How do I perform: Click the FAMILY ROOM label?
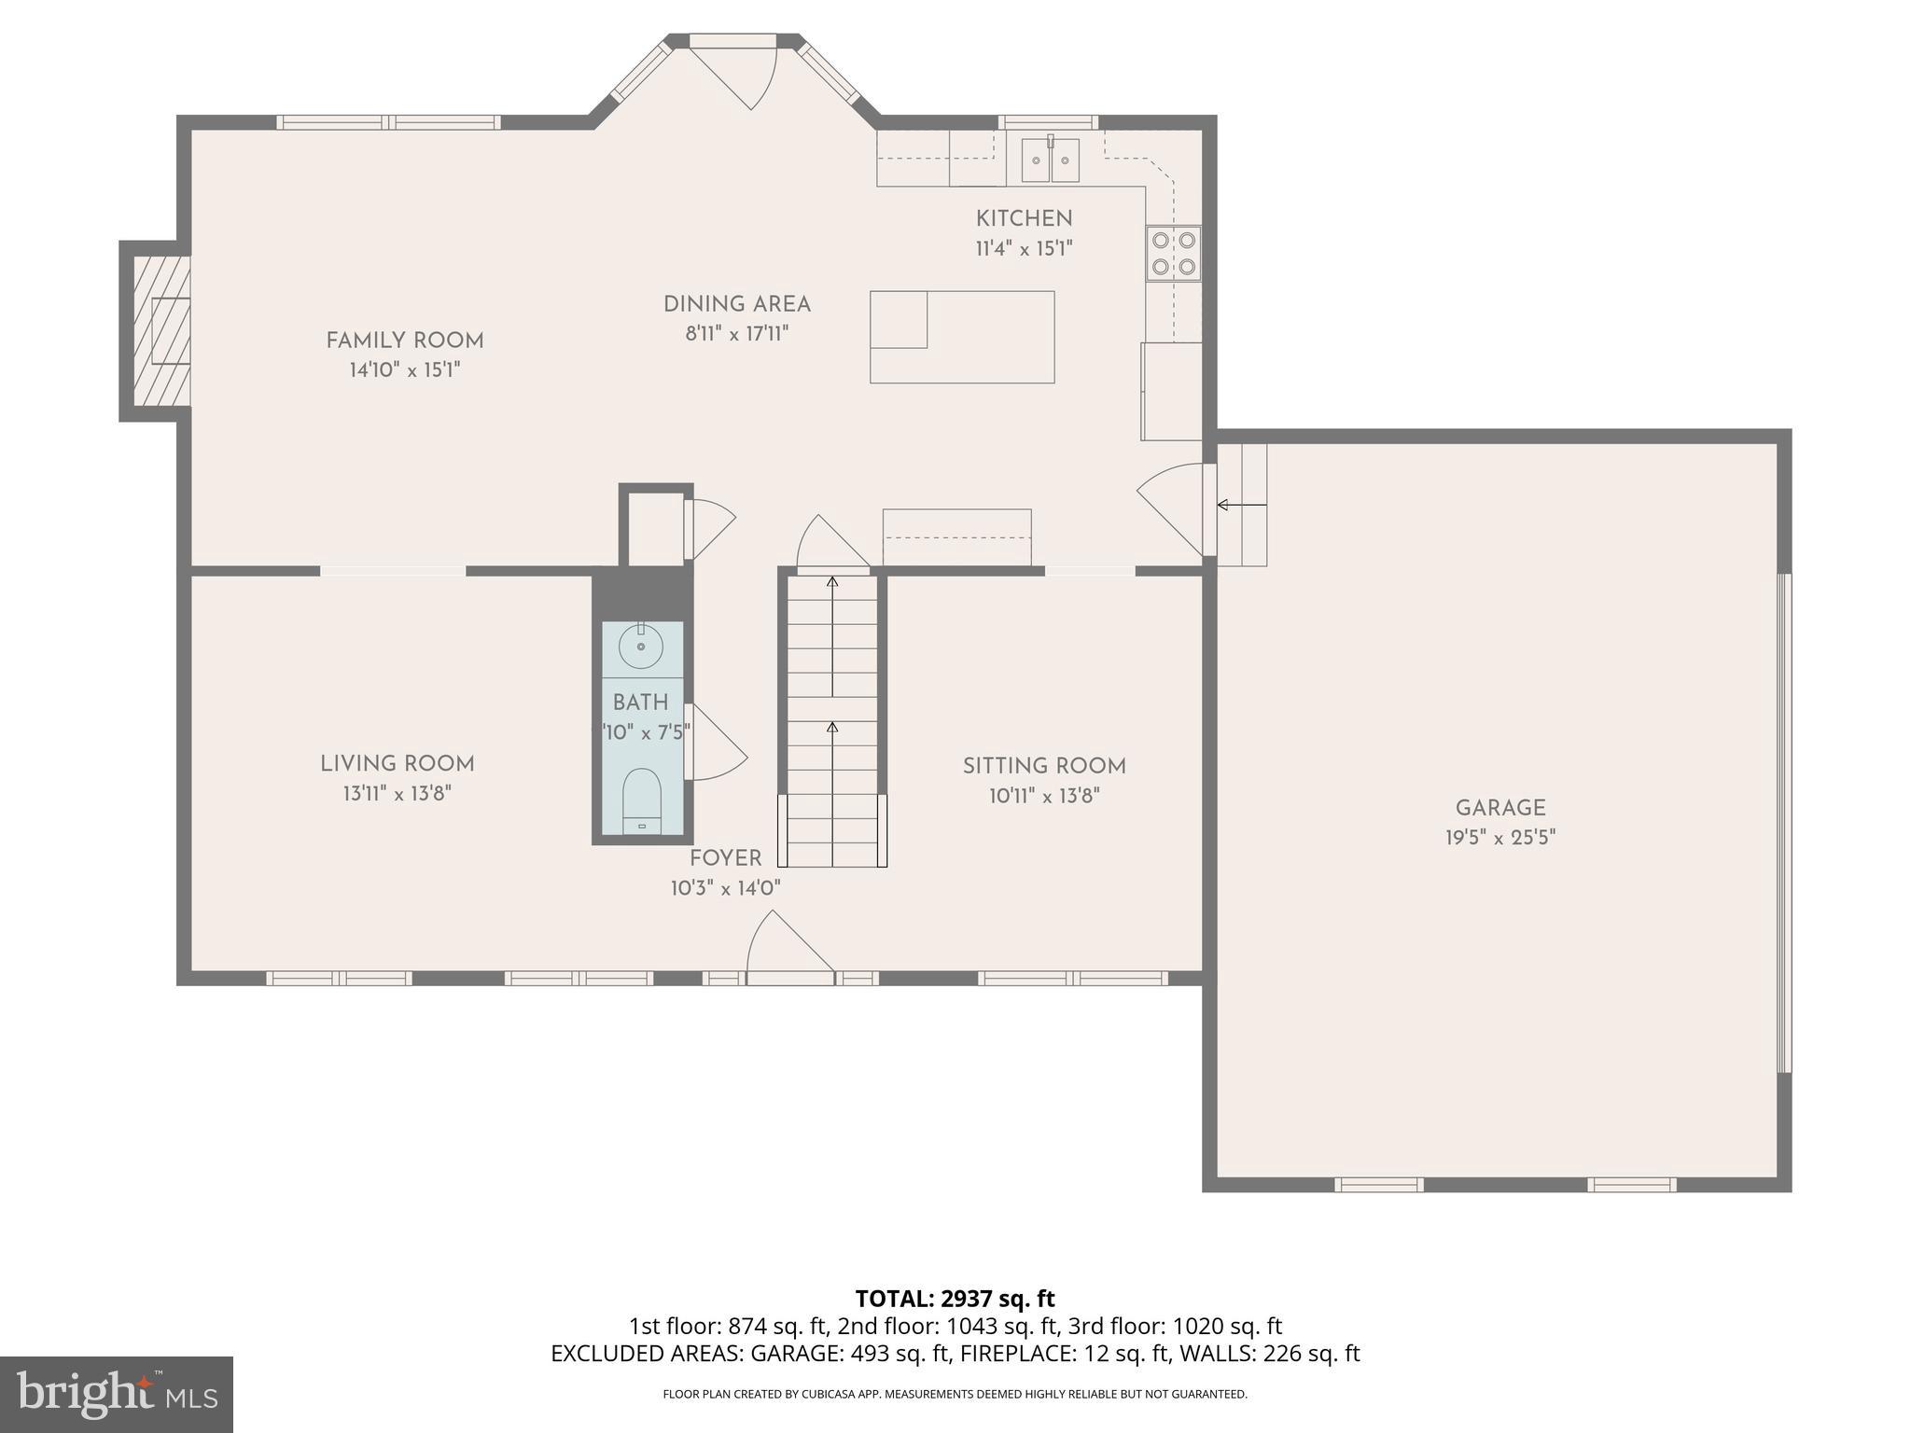pyautogui.click(x=405, y=341)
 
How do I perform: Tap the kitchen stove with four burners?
pyautogui.click(x=1173, y=253)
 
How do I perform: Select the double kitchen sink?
pyautogui.click(x=1050, y=160)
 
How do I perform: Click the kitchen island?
pyautogui.click(x=962, y=337)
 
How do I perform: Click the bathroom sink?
pyautogui.click(x=641, y=646)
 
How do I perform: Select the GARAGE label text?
pyautogui.click(x=1500, y=808)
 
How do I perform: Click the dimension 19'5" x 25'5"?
pyautogui.click(x=1500, y=838)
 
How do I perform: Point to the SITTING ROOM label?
pyautogui.click(x=1044, y=766)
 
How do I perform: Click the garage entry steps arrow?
pyautogui.click(x=1242, y=505)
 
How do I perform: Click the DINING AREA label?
pyautogui.click(x=737, y=304)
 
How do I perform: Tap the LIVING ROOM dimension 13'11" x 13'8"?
pyautogui.click(x=398, y=794)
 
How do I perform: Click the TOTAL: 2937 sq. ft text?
pyautogui.click(x=955, y=1299)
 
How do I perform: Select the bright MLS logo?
pyautogui.click(x=117, y=1394)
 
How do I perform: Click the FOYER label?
pyautogui.click(x=725, y=858)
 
